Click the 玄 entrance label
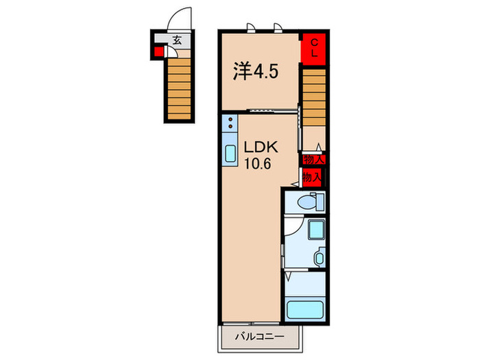click(177, 40)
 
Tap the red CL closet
click(313, 49)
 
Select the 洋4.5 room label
click(256, 71)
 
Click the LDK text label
click(261, 147)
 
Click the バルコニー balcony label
click(259, 337)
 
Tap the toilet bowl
click(307, 202)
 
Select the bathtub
click(305, 310)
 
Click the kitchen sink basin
click(230, 154)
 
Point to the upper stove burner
click(230, 119)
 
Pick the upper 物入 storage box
click(313, 159)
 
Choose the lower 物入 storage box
click(312, 177)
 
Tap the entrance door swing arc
click(174, 14)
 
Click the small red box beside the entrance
click(158, 51)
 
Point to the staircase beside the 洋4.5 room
click(314, 97)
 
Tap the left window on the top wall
click(251, 27)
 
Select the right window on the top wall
click(278, 27)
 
